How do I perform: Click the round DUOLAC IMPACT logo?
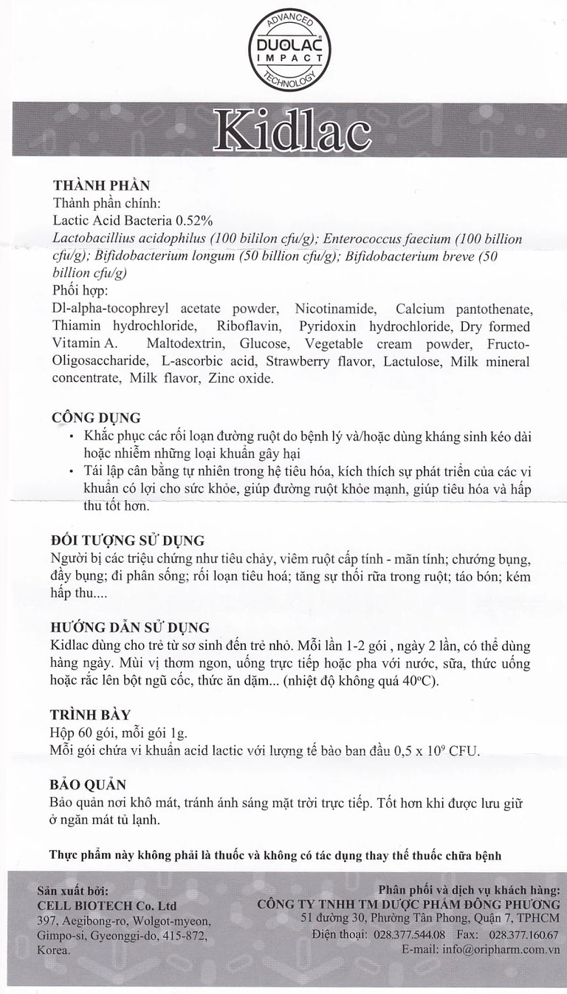[287, 51]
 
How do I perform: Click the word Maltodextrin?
[182, 344]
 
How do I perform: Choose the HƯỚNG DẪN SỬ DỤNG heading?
[131, 628]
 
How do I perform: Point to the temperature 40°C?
[422, 681]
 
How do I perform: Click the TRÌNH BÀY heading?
[92, 714]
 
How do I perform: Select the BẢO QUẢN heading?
[87, 784]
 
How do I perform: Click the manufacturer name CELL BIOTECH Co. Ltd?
[107, 905]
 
